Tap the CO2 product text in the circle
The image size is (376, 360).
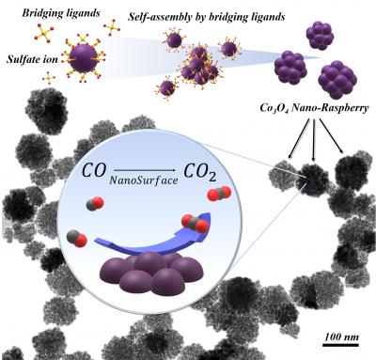click(x=220, y=175)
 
